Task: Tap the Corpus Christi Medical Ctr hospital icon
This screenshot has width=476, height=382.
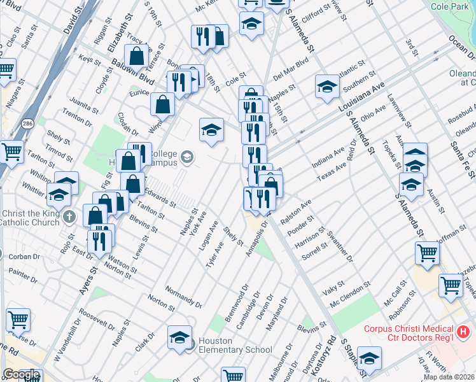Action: tap(463, 331)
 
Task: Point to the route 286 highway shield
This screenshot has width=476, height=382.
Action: tap(29, 125)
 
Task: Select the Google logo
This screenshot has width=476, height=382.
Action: tap(20, 374)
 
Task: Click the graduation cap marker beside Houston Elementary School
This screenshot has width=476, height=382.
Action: tap(180, 336)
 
